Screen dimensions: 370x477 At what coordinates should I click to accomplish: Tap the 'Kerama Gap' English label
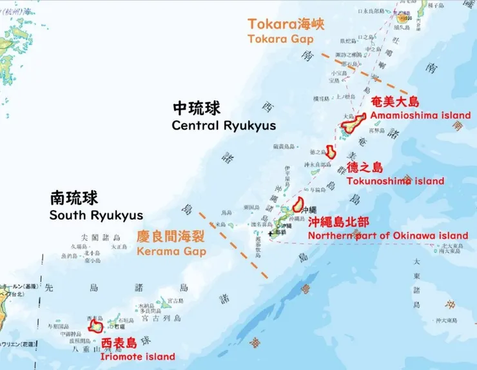pos(171,251)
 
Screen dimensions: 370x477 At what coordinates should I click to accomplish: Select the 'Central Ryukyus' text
pos(223,125)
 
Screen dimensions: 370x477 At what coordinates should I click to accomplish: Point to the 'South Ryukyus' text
pos(96,215)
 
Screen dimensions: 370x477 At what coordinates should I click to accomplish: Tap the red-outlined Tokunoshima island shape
pos(331,152)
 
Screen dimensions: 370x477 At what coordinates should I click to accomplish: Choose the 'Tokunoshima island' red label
pos(395,181)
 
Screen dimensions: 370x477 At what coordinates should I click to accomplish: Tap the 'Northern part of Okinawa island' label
pos(387,236)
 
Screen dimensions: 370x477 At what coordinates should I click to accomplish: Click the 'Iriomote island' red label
pos(137,356)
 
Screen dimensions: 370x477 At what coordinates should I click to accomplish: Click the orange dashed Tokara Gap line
pos(364,73)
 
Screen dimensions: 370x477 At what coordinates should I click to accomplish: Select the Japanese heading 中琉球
pos(197,107)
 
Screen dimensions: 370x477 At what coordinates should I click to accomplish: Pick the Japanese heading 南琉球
pos(74,197)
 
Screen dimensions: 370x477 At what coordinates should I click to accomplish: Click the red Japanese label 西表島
pos(119,342)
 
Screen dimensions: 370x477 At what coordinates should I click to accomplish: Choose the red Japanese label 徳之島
pos(365,168)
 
